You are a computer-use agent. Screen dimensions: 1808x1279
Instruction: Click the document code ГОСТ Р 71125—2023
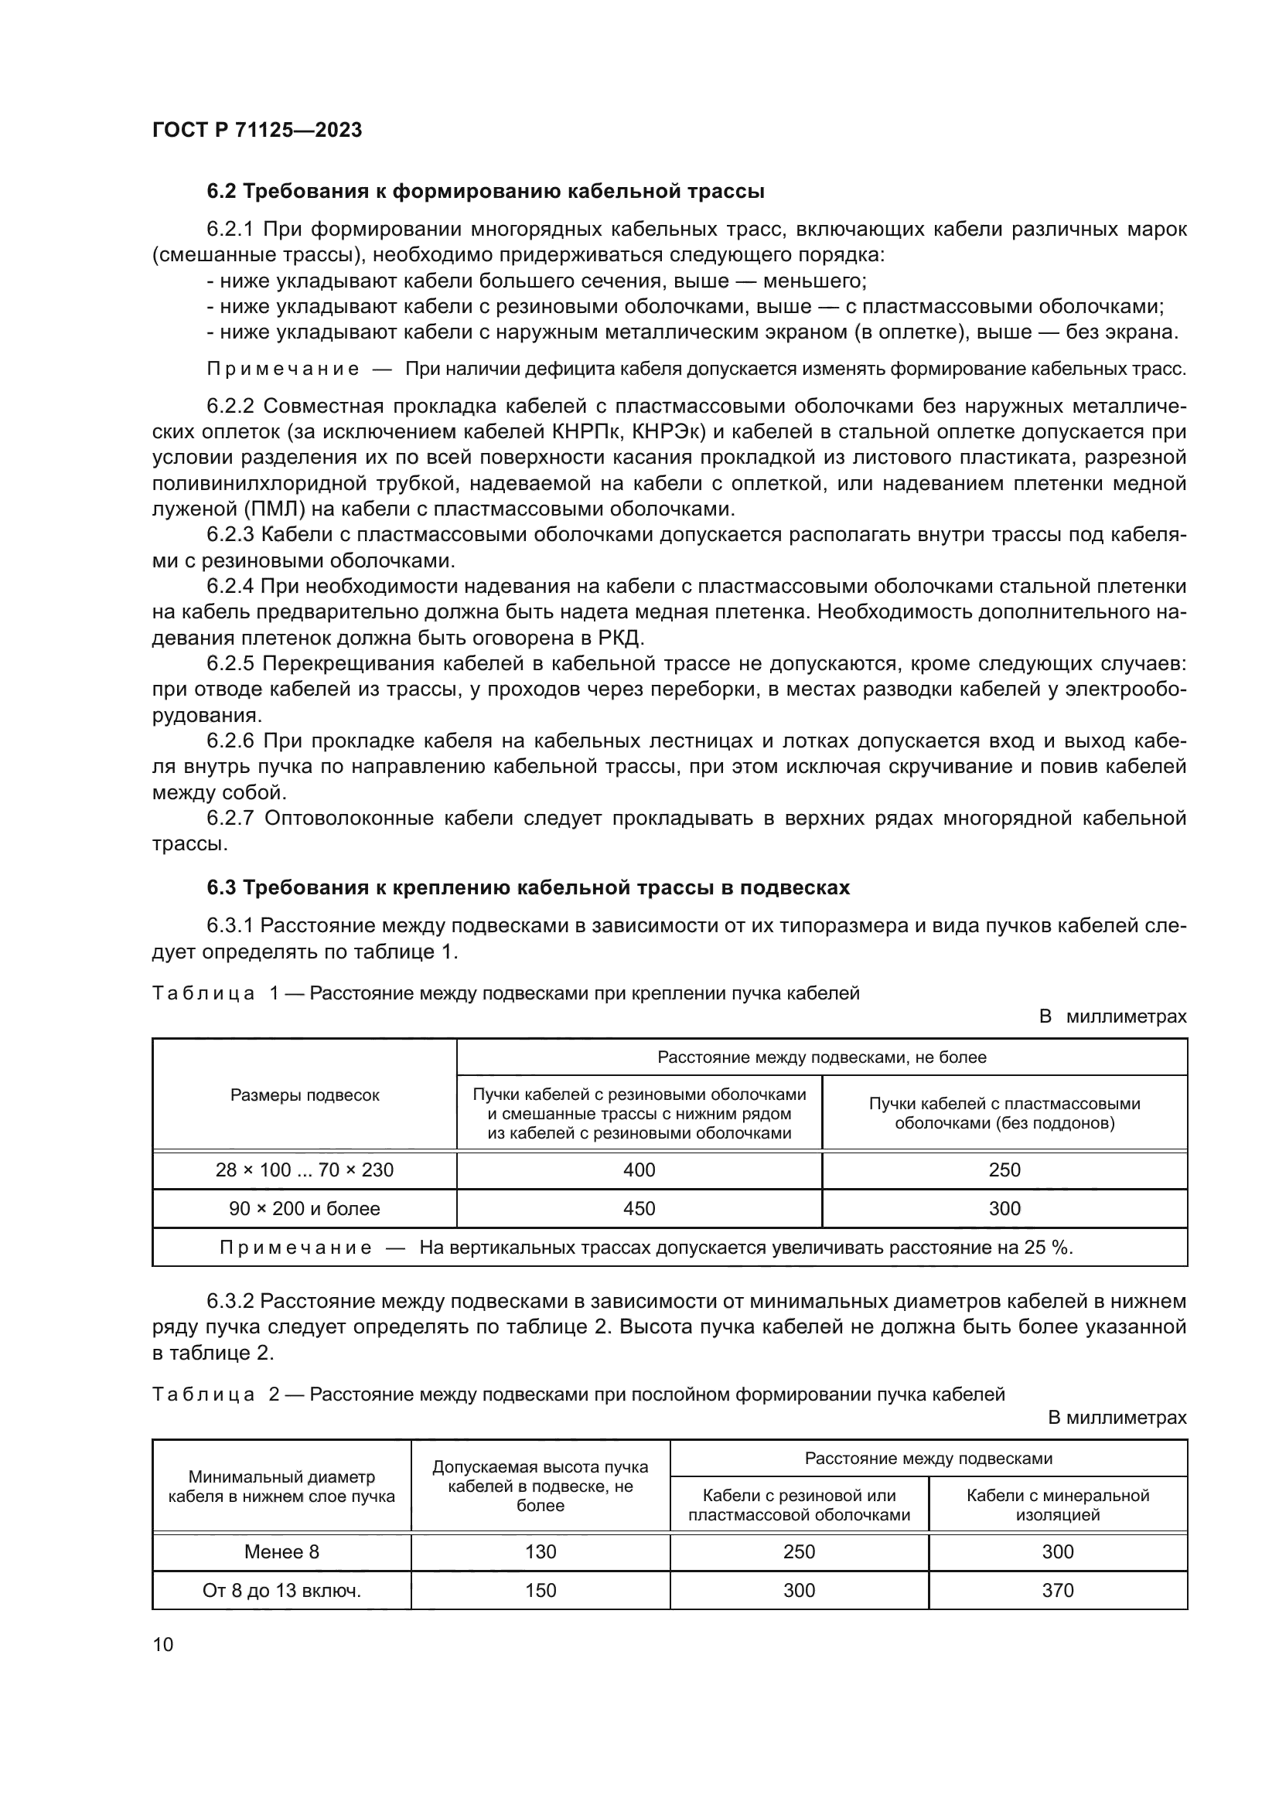point(257,130)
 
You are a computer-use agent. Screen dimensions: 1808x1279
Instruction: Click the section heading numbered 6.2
point(485,192)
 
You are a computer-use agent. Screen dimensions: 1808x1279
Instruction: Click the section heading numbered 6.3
point(527,887)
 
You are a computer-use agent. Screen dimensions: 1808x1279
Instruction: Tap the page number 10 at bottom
point(163,1644)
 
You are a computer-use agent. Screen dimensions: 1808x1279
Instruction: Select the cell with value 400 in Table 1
point(639,1170)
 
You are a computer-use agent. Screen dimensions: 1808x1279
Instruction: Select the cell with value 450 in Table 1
point(639,1208)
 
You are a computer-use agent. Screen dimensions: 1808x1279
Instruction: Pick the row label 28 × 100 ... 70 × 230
point(304,1170)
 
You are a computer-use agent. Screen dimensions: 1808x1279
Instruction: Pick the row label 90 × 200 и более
point(304,1208)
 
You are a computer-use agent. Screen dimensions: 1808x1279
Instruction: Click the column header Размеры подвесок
point(304,1095)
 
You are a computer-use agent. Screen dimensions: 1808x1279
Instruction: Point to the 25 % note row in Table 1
point(670,1248)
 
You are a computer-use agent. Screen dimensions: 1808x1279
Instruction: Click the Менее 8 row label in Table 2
point(281,1551)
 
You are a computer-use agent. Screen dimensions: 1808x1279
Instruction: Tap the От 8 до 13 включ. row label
point(281,1590)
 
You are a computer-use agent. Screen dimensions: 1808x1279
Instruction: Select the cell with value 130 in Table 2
point(541,1551)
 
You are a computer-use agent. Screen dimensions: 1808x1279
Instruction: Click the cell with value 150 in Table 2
point(541,1590)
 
